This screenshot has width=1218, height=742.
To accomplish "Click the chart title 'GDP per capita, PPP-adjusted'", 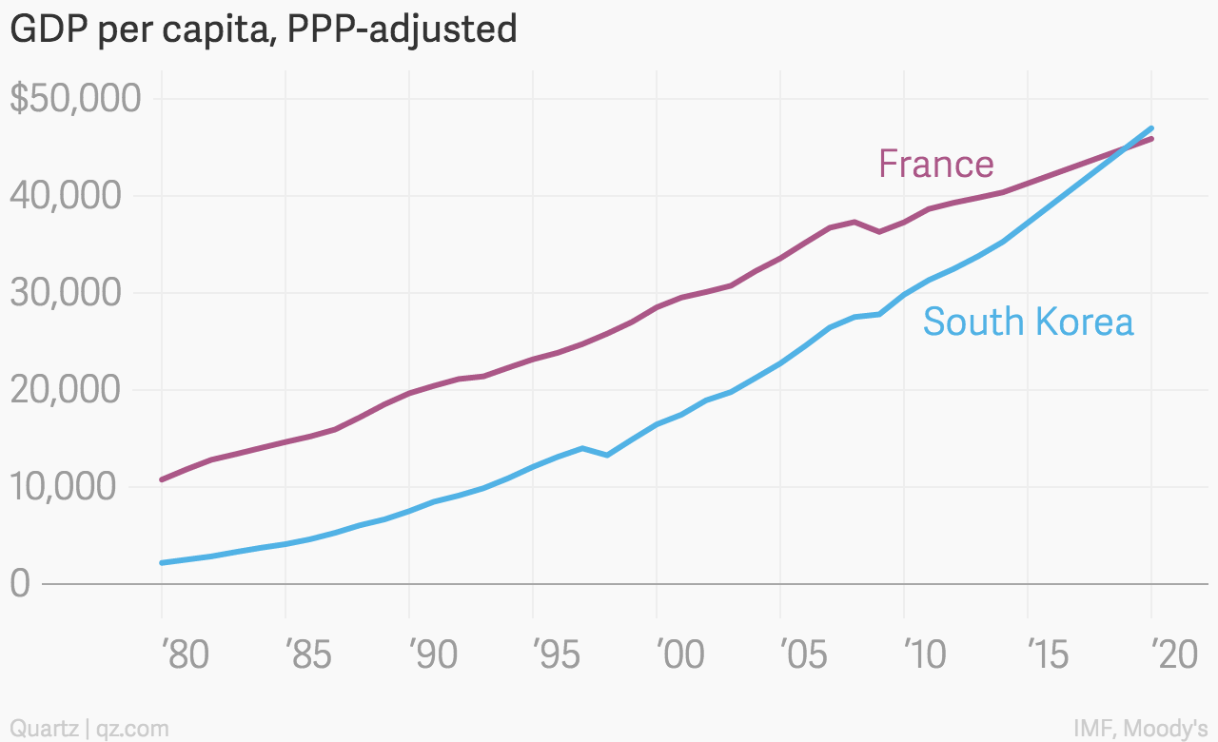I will (x=263, y=30).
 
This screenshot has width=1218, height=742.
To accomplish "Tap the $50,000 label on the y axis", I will (x=76, y=99).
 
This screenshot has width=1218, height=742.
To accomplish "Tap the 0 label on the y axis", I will (x=21, y=584).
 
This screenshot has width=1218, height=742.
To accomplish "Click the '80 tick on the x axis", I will (x=184, y=655).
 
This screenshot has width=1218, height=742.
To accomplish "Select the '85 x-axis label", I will (x=308, y=655).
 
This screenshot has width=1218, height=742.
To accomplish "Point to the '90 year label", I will (x=432, y=655).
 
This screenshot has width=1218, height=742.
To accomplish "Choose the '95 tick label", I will (x=556, y=655).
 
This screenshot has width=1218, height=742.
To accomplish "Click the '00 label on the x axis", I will (x=679, y=655).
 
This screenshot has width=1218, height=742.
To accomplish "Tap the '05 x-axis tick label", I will (x=803, y=655).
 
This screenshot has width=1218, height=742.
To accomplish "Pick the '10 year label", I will (x=925, y=655).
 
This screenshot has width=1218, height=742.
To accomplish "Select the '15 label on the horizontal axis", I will (x=1051, y=655).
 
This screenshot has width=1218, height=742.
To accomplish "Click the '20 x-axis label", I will (x=1174, y=655).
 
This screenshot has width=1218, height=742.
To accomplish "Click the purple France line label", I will (x=936, y=165).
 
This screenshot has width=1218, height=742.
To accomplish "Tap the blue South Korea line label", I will (x=1028, y=322).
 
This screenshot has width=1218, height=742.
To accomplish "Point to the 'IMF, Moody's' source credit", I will (x=1140, y=729).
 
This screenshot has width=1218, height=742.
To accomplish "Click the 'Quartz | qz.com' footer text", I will (x=89, y=729).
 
